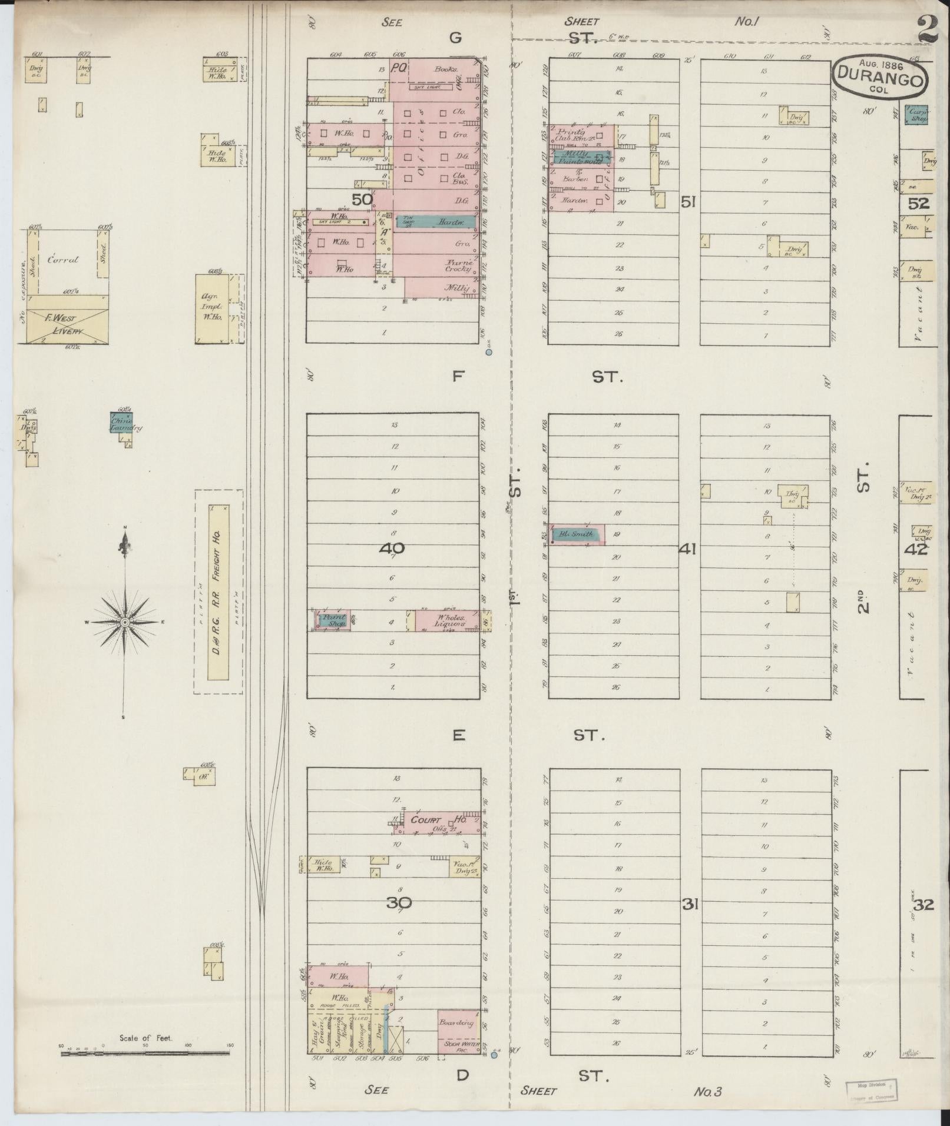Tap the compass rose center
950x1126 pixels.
point(125,622)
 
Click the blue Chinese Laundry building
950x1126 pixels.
point(121,424)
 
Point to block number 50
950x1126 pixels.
point(362,200)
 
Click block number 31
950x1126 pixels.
point(690,905)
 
